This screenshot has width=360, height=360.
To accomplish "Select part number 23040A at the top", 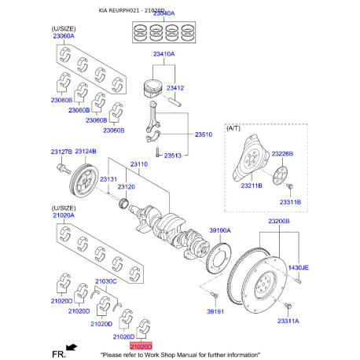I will [x=163, y=14].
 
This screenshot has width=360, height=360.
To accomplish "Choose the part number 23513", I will [x=174, y=156].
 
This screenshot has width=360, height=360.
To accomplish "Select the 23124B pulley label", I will [x=86, y=151].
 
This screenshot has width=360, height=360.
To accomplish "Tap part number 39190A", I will [x=220, y=230].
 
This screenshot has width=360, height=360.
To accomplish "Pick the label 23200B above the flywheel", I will [x=279, y=222].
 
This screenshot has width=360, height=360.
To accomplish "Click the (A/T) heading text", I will [x=235, y=127].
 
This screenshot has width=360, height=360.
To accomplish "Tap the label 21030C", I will [x=105, y=281].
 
